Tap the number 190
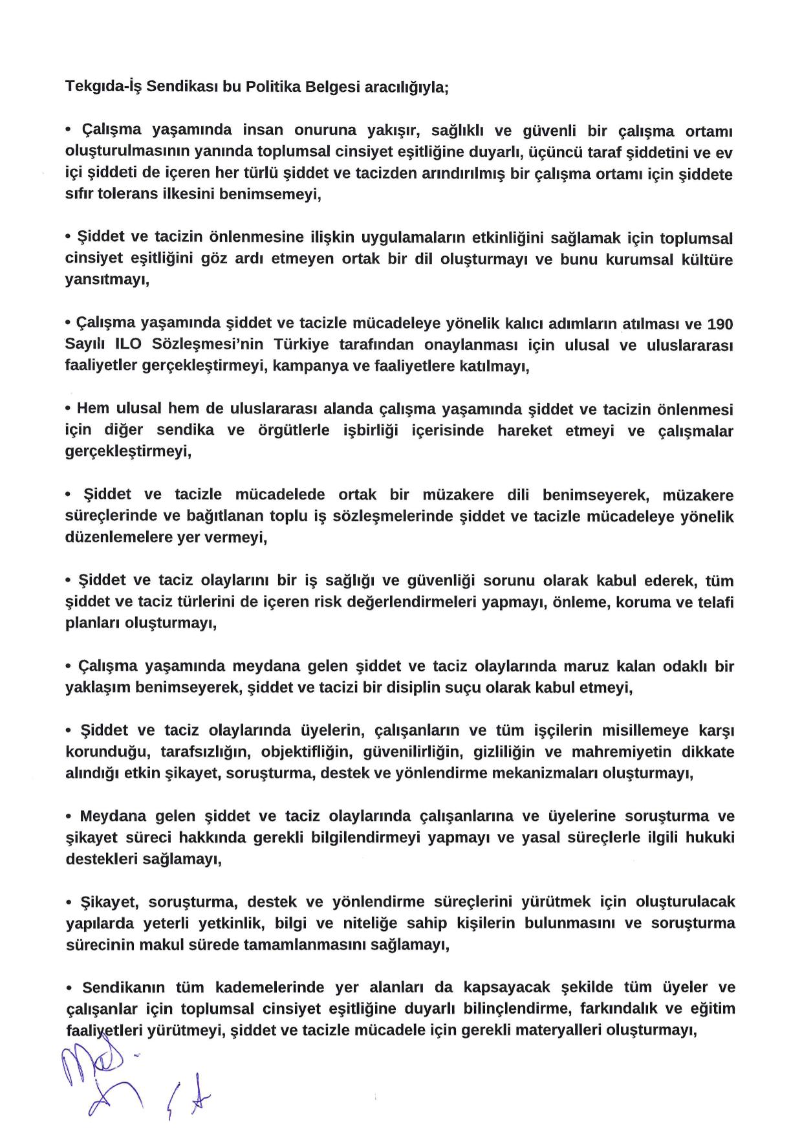[x=721, y=323]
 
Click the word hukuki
[x=711, y=838]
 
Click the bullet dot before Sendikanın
[x=69, y=988]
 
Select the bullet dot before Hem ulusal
[x=69, y=409]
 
